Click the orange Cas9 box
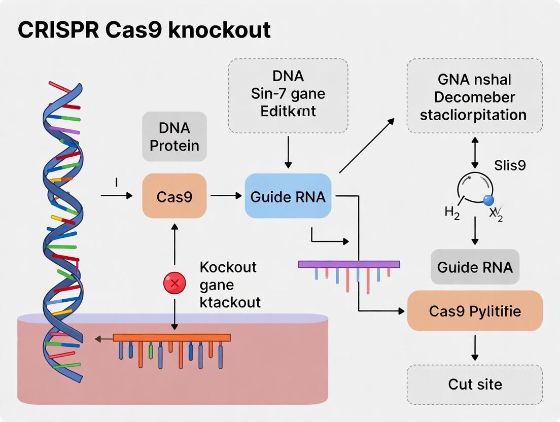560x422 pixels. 174,196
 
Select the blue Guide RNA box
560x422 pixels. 288,196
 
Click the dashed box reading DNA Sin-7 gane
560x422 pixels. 288,95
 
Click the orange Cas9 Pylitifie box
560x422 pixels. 474,310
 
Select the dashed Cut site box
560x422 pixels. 474,384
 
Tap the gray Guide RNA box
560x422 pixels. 474,267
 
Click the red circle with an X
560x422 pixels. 174,283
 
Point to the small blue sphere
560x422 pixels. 488,200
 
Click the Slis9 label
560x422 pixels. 509,165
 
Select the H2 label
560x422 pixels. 452,213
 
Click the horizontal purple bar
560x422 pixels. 348,264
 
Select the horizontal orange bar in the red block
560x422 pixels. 171,337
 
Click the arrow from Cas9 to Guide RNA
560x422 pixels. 226,196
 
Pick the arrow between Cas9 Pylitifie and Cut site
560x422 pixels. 475,347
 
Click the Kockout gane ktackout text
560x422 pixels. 229,285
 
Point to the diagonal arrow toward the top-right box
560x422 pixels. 366,146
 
